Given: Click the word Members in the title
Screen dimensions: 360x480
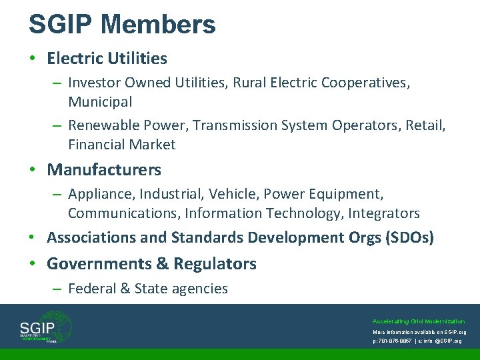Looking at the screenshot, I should pos(158,25).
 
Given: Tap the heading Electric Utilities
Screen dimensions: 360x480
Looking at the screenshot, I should pos(107,59).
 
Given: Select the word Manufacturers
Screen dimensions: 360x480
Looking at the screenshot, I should pos(104,170).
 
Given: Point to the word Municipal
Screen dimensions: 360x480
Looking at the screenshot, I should pos(100,102).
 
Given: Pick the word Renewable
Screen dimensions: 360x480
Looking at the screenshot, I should pos(102,125).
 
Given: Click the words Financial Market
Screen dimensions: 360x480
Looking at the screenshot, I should pos(121,145).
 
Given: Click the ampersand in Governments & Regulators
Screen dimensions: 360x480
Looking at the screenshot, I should pos(162,264).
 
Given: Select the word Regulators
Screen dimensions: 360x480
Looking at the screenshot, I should pos(215,264).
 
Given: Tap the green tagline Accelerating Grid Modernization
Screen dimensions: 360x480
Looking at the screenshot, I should pos(419,321).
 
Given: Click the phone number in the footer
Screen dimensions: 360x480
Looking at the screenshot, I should pos(398,341).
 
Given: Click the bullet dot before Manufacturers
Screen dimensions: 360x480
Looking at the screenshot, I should pos(32,170).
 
